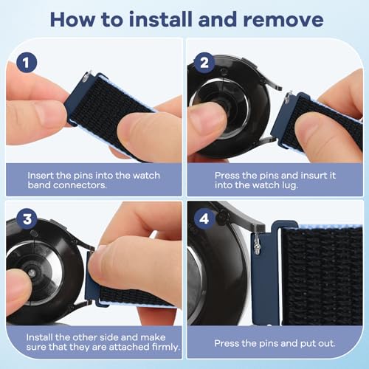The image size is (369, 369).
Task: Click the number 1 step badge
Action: [27, 63]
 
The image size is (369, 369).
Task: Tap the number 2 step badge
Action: [204, 63]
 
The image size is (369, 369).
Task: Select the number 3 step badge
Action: [27, 218]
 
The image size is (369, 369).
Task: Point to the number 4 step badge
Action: [204, 218]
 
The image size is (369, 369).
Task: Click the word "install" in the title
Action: [161, 19]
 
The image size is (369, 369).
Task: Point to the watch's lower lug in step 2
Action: [267, 141]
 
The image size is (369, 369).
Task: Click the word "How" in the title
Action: [72, 19]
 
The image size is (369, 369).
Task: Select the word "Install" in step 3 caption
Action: [39, 337]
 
